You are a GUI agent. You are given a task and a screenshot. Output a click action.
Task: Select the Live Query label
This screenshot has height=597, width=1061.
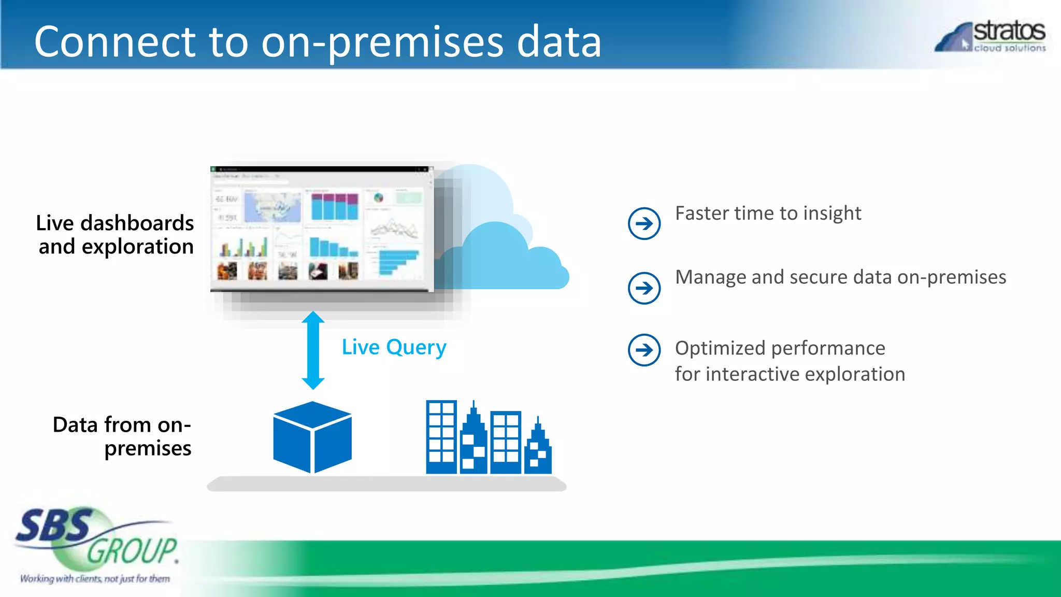394,347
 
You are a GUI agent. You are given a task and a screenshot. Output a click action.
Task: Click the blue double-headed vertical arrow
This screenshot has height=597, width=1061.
313,350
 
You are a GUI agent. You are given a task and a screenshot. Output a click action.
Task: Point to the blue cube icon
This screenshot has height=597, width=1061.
312,437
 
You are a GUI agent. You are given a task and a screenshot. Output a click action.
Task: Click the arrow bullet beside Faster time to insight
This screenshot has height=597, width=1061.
644,223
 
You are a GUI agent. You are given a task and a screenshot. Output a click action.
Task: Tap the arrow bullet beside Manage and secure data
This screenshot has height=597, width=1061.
644,288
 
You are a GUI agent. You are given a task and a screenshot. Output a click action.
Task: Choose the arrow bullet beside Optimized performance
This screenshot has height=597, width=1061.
644,350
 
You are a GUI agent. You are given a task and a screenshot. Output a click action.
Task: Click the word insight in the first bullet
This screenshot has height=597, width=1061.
831,214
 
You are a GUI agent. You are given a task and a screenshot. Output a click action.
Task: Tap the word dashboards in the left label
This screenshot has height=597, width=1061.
137,223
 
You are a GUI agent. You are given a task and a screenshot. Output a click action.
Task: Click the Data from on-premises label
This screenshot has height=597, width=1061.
122,436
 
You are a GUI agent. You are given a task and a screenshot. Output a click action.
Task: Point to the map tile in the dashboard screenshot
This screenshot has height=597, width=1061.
273,207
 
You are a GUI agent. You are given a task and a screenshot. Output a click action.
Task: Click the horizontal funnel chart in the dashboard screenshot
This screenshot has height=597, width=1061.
397,262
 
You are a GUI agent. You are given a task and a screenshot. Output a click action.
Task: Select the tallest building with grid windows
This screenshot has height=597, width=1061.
441,436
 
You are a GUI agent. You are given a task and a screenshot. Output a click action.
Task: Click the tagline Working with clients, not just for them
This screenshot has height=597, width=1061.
95,578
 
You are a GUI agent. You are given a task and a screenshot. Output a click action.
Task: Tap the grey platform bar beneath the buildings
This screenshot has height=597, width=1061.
386,484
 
